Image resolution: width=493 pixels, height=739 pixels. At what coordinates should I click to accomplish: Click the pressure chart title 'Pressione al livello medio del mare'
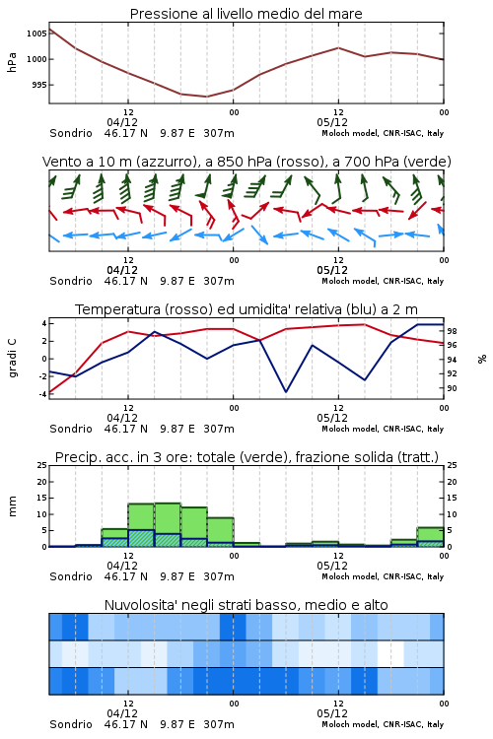[x=246, y=14]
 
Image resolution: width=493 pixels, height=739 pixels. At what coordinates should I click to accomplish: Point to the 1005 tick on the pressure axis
[x=36, y=34]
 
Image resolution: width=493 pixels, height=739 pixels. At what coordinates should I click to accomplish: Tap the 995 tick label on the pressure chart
[x=39, y=85]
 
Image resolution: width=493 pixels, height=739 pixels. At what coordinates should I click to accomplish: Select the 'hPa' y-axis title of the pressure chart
[x=12, y=62]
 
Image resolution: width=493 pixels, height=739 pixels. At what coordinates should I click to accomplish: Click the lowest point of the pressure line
[x=206, y=97]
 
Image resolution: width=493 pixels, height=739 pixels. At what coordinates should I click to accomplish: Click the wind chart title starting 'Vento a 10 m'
[x=246, y=162]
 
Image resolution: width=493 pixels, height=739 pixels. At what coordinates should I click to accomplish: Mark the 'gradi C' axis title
[x=13, y=359]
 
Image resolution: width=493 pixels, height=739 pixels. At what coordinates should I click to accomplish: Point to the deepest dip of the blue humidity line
[x=285, y=391]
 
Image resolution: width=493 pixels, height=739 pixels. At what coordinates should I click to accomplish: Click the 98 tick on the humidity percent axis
[x=452, y=331]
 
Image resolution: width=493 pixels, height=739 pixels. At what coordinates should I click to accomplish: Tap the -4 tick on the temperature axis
[x=43, y=394]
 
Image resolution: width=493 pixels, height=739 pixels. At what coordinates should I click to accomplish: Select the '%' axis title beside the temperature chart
[x=482, y=359]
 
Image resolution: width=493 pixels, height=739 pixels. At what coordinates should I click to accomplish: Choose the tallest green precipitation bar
[x=168, y=525]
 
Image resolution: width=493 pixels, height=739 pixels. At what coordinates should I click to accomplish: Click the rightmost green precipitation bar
[x=430, y=537]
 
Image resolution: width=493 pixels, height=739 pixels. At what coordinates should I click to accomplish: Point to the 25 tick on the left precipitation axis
[x=42, y=465]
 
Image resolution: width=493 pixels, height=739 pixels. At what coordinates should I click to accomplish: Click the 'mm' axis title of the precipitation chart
[x=12, y=506]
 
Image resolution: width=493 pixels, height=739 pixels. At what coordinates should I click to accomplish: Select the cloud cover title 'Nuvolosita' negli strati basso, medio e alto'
[x=246, y=605]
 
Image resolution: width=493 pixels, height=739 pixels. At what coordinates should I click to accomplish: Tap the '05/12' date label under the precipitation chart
[x=332, y=566]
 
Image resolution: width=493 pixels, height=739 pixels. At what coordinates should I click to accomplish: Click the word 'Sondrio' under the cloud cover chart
[x=71, y=724]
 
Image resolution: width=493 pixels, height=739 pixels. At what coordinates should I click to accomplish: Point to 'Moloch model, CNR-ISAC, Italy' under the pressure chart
[x=383, y=133]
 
